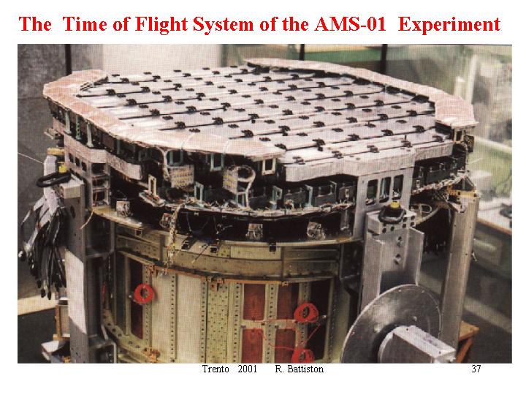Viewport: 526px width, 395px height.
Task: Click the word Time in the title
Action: (x=85, y=25)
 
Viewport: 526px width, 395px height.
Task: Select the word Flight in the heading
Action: (x=160, y=25)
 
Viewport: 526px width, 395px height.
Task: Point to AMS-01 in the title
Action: (x=350, y=25)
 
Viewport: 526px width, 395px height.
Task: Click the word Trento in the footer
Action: (x=216, y=369)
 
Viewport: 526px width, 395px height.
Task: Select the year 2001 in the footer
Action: (x=247, y=369)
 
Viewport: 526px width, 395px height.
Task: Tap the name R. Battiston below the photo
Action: (x=300, y=369)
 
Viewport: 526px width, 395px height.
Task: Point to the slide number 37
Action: (x=476, y=369)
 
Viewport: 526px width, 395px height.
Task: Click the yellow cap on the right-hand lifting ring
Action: (x=394, y=205)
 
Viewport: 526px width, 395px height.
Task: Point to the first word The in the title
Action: (x=35, y=25)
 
